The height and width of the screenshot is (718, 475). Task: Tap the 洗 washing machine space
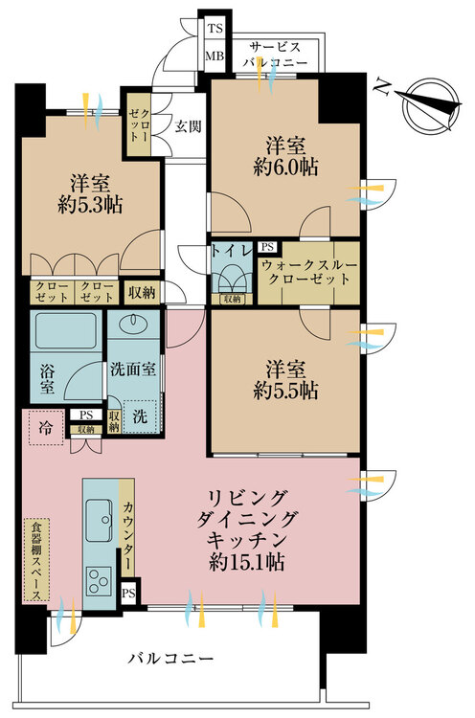point(142,417)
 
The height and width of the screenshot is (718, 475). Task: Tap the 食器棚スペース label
point(34,559)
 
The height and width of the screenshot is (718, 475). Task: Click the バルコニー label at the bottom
point(172,659)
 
